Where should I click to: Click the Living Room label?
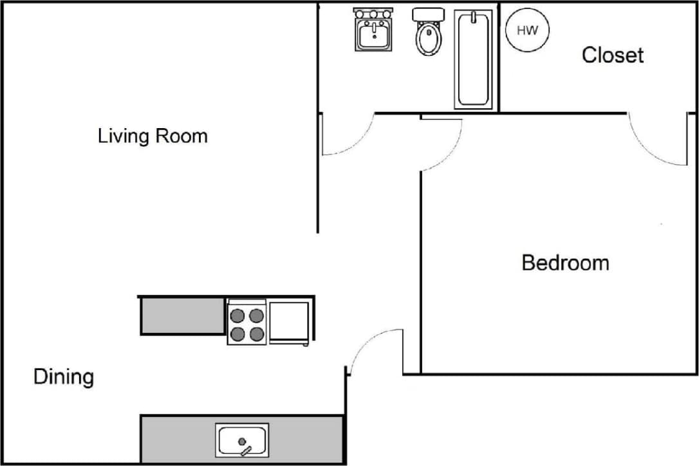click(153, 136)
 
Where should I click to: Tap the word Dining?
click(63, 377)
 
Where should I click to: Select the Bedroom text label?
click(565, 263)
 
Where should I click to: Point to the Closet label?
click(612, 55)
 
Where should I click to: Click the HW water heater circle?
click(527, 30)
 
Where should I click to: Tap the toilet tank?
click(428, 15)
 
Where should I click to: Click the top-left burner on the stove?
click(238, 315)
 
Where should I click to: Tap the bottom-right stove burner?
click(256, 334)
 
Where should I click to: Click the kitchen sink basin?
click(243, 441)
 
